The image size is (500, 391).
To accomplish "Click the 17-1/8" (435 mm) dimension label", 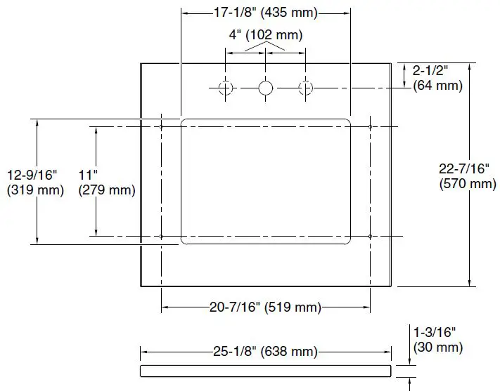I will pos(266,13).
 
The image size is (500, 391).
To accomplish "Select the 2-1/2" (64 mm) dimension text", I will pos(437,77).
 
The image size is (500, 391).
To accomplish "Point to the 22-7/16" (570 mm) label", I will pos(467,176).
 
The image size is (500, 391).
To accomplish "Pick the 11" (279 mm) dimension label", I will pos(107,182).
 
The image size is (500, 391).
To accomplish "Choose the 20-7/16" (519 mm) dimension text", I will pos(266,307).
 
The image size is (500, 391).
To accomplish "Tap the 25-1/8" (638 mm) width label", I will pos(266,352).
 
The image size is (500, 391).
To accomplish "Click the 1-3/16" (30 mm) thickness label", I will pos(437,340).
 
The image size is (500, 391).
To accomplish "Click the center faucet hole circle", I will pos(266,88).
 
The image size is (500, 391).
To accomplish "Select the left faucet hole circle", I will pos(226,88).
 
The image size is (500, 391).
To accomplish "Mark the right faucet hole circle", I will pos(305,88).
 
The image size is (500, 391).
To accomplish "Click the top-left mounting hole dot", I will pos(162,126).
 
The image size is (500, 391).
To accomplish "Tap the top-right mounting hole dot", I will pos(370,126).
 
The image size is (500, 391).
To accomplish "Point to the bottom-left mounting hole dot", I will pos(162,236).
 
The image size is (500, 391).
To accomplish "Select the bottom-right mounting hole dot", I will pos(370,236).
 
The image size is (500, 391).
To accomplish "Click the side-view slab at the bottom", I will pos(266,370).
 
